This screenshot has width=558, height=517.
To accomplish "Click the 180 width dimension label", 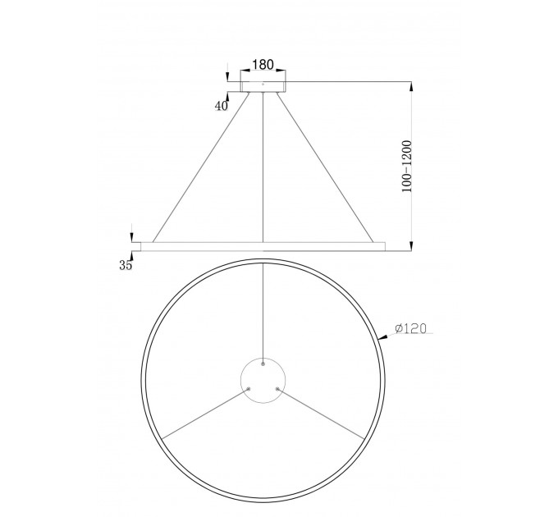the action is (x=263, y=65).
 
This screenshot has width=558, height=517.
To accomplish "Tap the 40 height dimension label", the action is (x=222, y=106).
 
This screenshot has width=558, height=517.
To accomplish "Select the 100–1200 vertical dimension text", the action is (x=406, y=166).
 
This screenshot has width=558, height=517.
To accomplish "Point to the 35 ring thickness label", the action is (x=126, y=265).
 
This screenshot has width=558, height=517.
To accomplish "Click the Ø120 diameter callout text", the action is (x=410, y=328).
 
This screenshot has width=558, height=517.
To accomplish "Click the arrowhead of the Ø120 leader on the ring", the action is (x=382, y=337).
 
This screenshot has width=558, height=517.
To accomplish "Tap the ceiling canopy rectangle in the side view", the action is (x=263, y=87).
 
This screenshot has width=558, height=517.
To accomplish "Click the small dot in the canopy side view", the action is (x=263, y=85).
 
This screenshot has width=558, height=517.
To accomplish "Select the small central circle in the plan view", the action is (x=263, y=381).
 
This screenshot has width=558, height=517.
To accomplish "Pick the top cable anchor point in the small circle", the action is (x=263, y=364).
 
